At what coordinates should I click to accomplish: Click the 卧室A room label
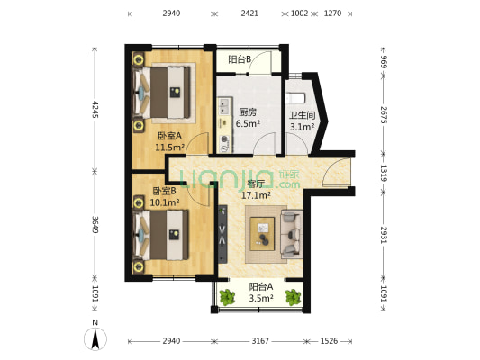coord(170,136)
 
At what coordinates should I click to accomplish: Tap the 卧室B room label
coord(165,191)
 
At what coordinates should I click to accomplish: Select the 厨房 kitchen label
coord(248,112)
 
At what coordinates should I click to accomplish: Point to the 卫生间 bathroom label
coord(303,115)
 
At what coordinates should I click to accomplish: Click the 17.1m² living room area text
coord(256,195)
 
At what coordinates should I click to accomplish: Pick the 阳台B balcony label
coord(240,59)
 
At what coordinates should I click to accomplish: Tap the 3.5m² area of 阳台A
coord(261,298)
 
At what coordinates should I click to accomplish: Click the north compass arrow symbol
coord(95,339)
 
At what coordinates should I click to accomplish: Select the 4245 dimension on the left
coord(95,110)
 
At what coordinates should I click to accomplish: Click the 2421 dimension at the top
coord(249,13)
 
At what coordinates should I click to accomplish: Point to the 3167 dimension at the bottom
coord(260,341)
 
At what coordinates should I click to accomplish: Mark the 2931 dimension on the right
coord(384,235)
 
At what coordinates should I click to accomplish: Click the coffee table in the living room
coord(262,234)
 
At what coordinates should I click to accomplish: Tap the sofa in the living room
coord(292,234)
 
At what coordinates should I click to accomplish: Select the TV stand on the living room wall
coord(222,234)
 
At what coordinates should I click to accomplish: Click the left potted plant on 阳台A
coord(227,297)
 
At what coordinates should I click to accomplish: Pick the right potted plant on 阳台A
coord(294,297)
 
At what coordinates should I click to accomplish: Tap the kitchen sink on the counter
coord(224,106)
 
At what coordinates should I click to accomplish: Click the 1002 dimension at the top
coord(299,13)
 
